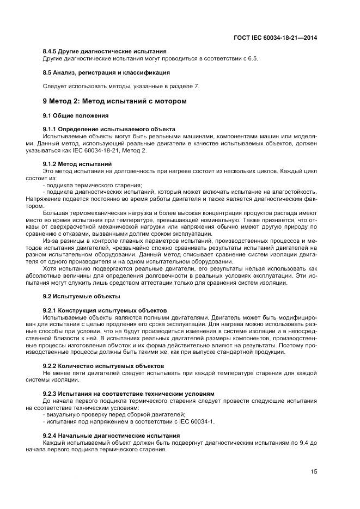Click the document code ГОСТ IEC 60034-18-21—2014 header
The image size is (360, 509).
(x=275, y=38)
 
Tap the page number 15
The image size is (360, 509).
(x=314, y=471)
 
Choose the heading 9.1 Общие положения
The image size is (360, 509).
(x=76, y=115)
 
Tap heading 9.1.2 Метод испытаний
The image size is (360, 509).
(x=77, y=164)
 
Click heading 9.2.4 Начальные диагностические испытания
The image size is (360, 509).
(x=111, y=436)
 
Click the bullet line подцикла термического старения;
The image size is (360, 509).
(x=92, y=185)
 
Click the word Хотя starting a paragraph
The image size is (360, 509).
(x=50, y=269)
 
